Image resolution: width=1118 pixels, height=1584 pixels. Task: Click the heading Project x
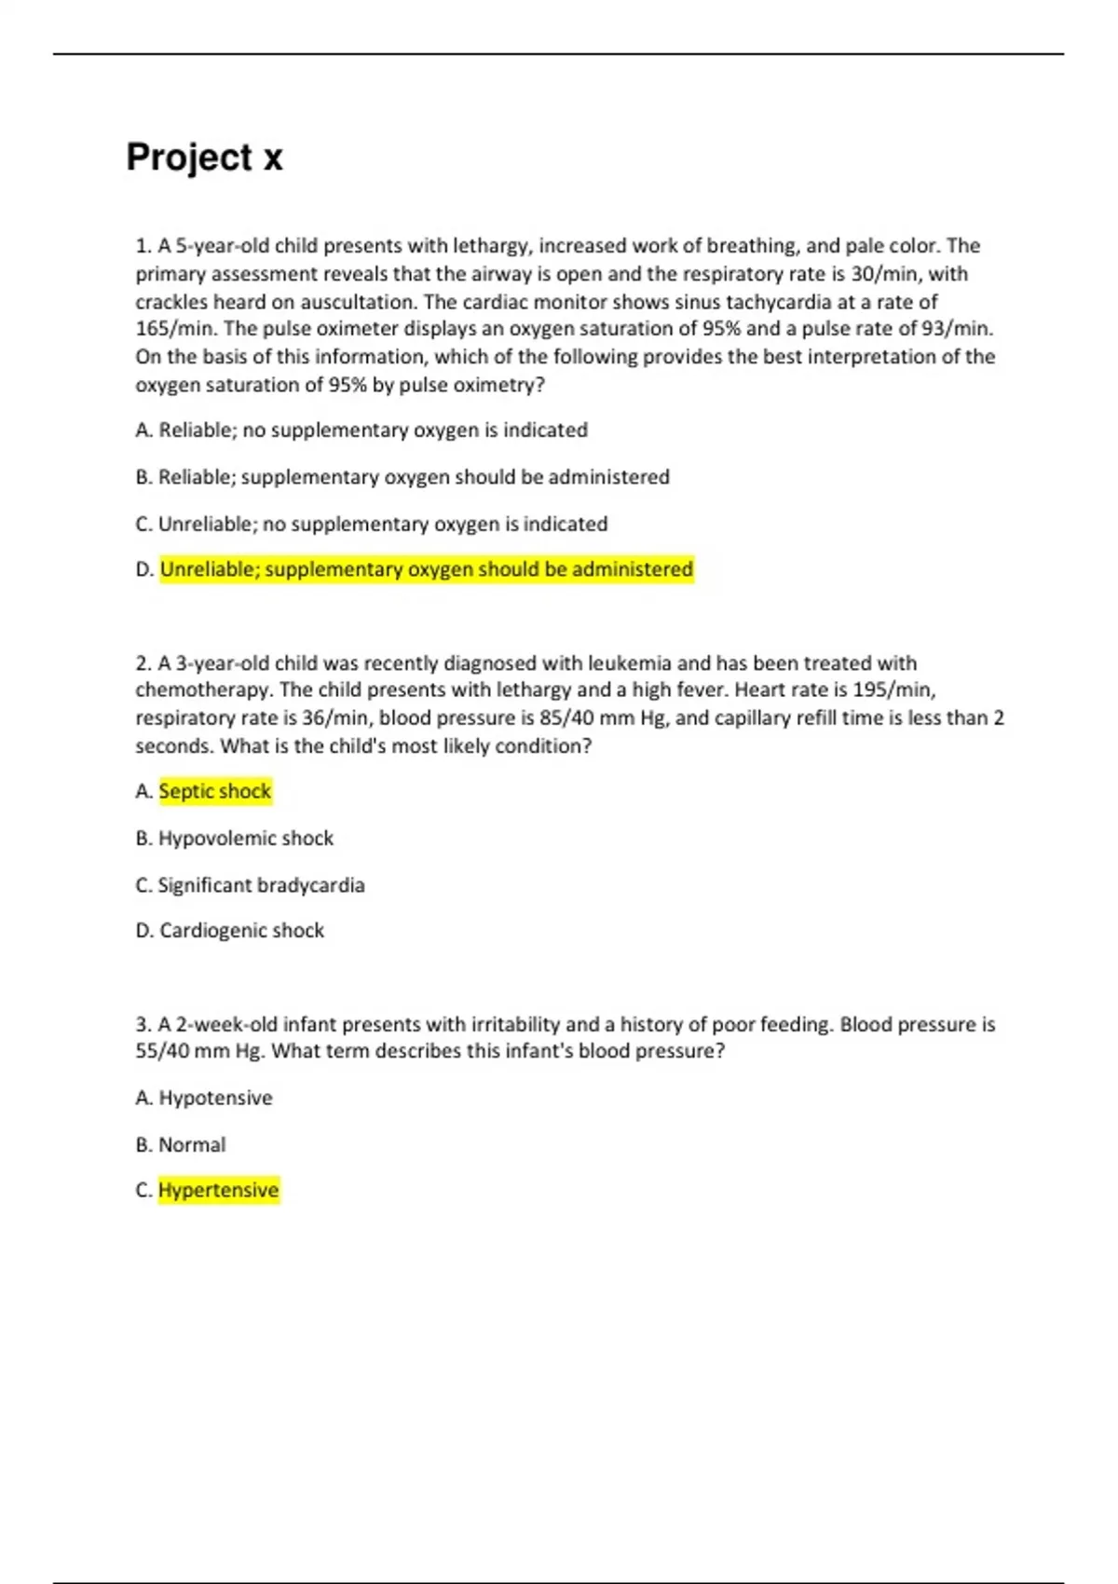point(204,157)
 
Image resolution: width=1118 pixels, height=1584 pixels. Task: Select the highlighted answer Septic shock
point(214,791)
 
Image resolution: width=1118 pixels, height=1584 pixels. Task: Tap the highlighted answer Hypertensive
point(218,1190)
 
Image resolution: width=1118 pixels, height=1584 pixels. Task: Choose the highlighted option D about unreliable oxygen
point(426,569)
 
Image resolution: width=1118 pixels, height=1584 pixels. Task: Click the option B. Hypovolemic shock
point(234,838)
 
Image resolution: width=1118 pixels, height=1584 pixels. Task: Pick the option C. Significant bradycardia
point(250,884)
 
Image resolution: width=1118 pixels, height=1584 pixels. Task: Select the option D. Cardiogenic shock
point(230,930)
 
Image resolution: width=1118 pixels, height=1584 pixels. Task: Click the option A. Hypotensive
point(204,1098)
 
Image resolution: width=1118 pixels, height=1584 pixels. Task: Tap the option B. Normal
point(181,1144)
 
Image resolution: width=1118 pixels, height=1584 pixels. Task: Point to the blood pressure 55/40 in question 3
point(162,1051)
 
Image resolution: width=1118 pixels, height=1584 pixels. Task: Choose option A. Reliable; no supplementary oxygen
point(361,430)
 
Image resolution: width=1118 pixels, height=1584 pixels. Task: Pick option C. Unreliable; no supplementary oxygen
point(371,524)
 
